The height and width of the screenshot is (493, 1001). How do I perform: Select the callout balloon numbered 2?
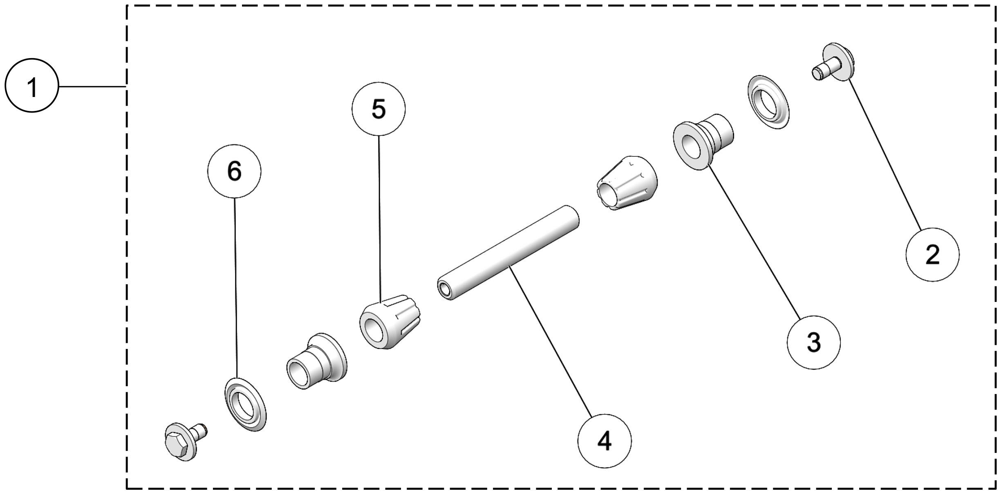click(932, 254)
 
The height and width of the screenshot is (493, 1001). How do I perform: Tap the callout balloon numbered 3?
click(813, 342)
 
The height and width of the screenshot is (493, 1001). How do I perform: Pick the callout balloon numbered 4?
click(605, 441)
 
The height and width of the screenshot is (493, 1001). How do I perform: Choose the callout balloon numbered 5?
click(378, 109)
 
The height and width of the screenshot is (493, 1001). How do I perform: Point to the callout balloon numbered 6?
click(234, 171)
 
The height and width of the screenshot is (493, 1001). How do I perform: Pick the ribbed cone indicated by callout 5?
click(390, 321)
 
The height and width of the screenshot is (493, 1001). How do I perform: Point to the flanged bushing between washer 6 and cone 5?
click(316, 360)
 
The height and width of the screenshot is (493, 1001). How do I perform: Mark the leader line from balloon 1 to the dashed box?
click(92, 86)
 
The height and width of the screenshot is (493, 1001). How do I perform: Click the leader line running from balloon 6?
click(236, 286)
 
